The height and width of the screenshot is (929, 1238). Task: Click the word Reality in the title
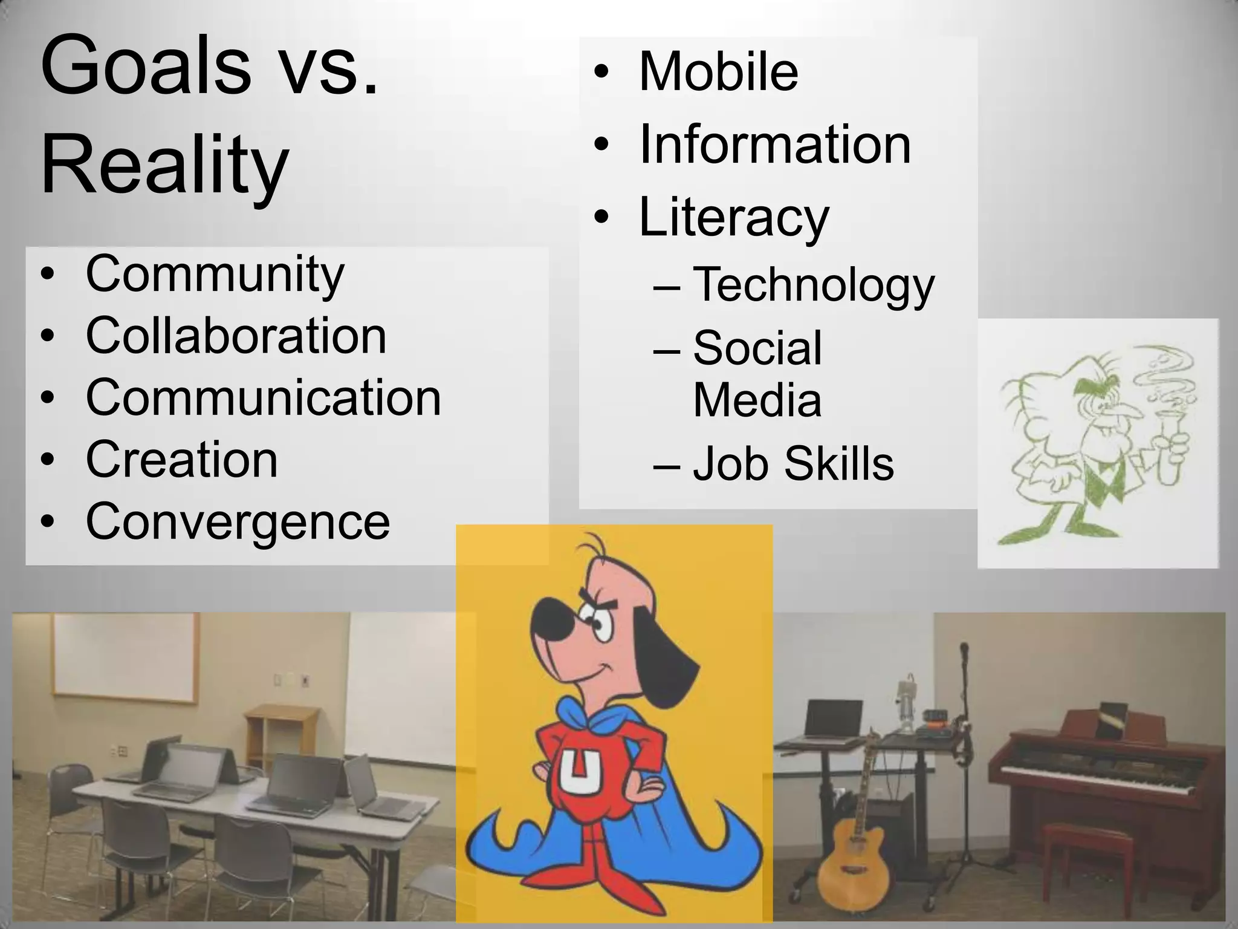point(164,165)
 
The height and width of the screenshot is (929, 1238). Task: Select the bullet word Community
point(215,273)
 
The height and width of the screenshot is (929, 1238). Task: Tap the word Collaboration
point(236,336)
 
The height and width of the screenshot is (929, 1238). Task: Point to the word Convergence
point(238,521)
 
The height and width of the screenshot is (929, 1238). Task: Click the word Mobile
point(718,72)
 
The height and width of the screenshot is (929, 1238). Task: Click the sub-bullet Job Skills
point(793,464)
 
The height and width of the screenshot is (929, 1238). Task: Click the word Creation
point(181,460)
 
